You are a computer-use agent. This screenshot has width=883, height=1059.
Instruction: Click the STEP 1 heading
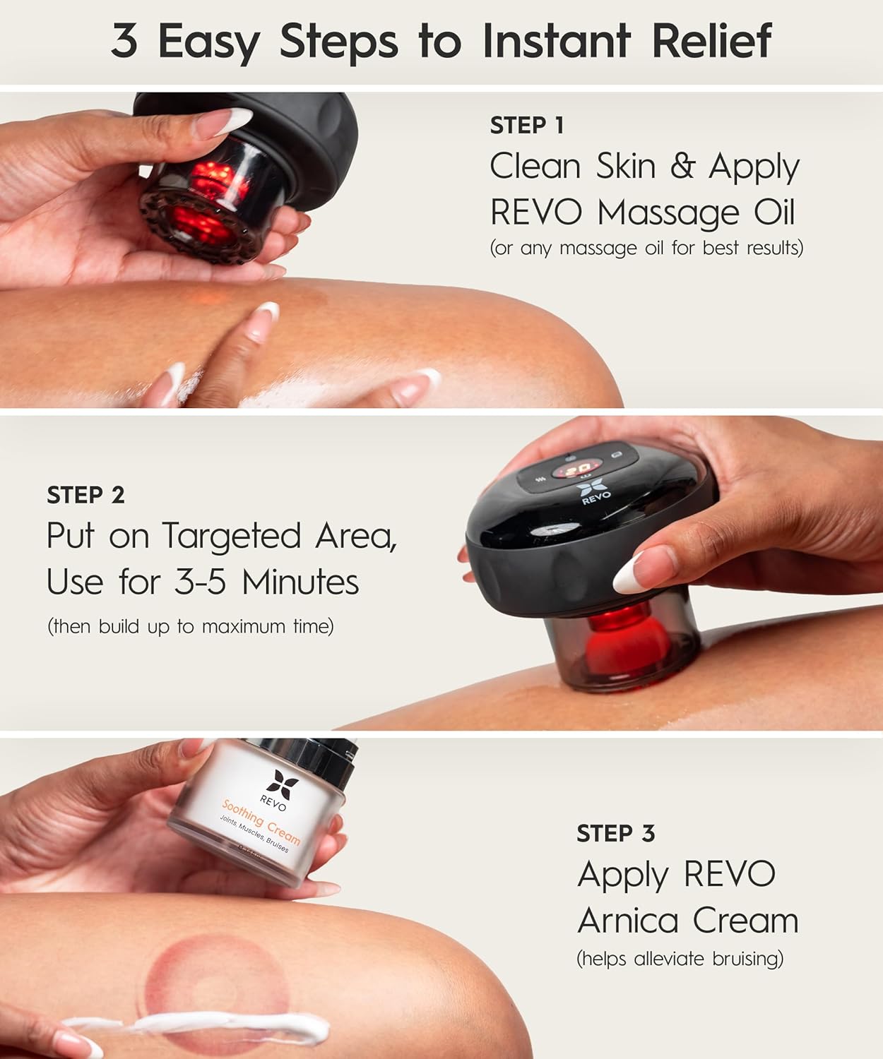pos(527,125)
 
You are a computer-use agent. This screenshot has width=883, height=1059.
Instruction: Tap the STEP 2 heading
pos(85,495)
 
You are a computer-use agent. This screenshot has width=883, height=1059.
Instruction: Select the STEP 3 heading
pos(615,833)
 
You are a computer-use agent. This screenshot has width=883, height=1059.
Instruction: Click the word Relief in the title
pos(711,40)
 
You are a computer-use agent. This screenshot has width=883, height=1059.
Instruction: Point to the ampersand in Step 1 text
pos(682,167)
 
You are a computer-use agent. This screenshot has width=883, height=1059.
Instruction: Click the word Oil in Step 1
pos(774,212)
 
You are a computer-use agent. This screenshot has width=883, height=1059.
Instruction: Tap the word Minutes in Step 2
pos(300,581)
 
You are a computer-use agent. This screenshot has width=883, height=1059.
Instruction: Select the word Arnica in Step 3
pos(628,920)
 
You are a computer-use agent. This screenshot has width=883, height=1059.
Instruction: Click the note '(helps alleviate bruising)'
pos(680,959)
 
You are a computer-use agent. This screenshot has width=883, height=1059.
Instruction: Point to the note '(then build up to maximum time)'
pos(191,626)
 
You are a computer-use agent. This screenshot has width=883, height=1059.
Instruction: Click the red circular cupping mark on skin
pos(215,989)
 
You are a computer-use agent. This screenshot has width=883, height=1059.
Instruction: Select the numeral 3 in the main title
pos(124,40)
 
